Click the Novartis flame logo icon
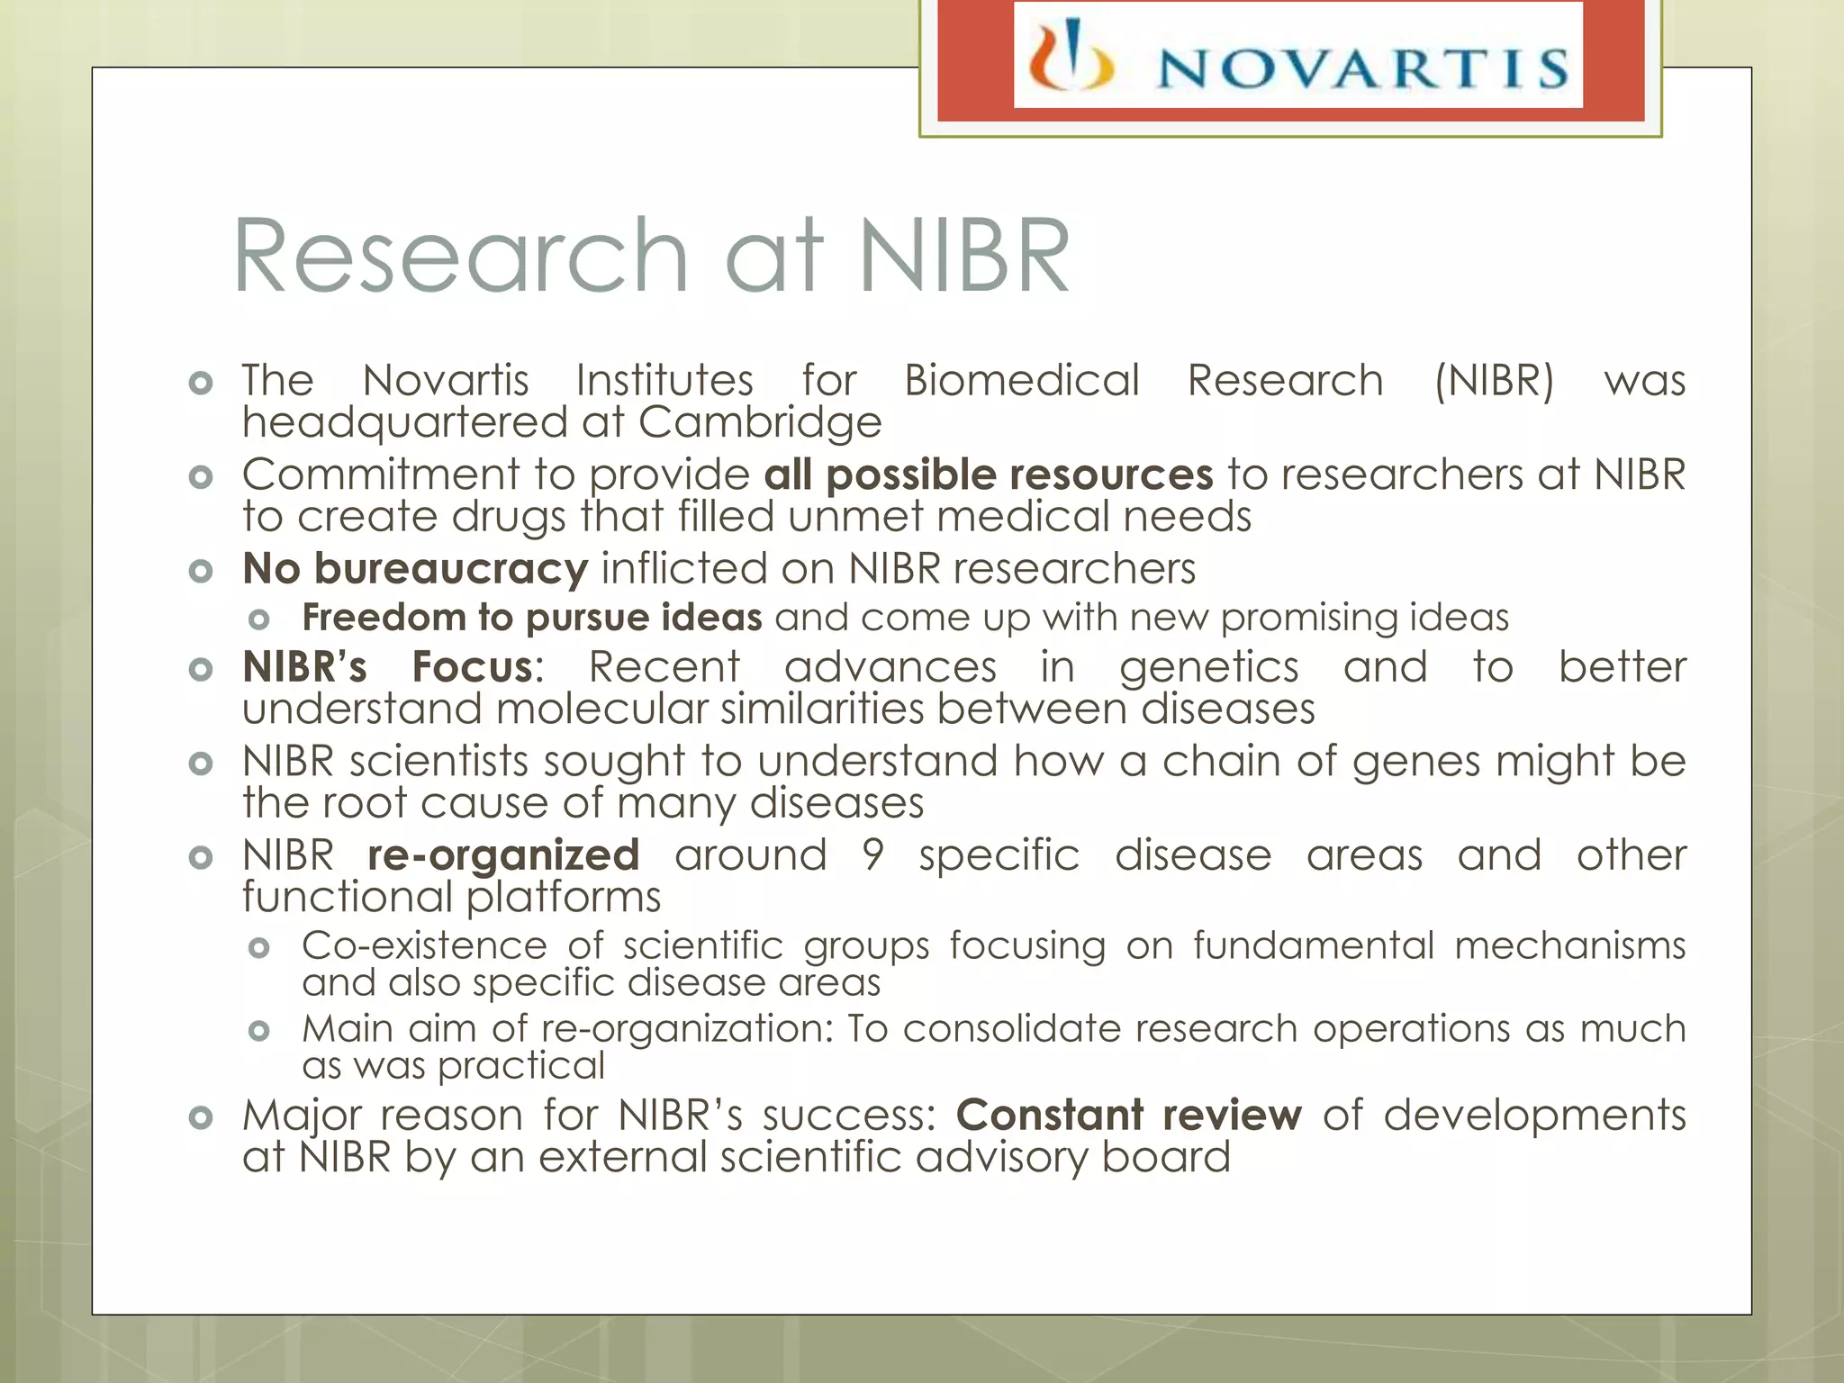[1071, 59]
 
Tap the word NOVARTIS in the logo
[1361, 68]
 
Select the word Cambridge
[760, 422]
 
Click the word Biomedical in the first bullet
[1021, 380]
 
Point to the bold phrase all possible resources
[988, 475]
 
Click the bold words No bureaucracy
[415, 569]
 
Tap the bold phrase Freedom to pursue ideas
[532, 618]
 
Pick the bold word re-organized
[503, 855]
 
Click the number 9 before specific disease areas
[872, 855]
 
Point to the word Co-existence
[424, 945]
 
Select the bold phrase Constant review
[1128, 1116]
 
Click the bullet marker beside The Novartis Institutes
[201, 383]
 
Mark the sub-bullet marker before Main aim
[259, 1031]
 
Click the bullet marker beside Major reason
[201, 1117]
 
